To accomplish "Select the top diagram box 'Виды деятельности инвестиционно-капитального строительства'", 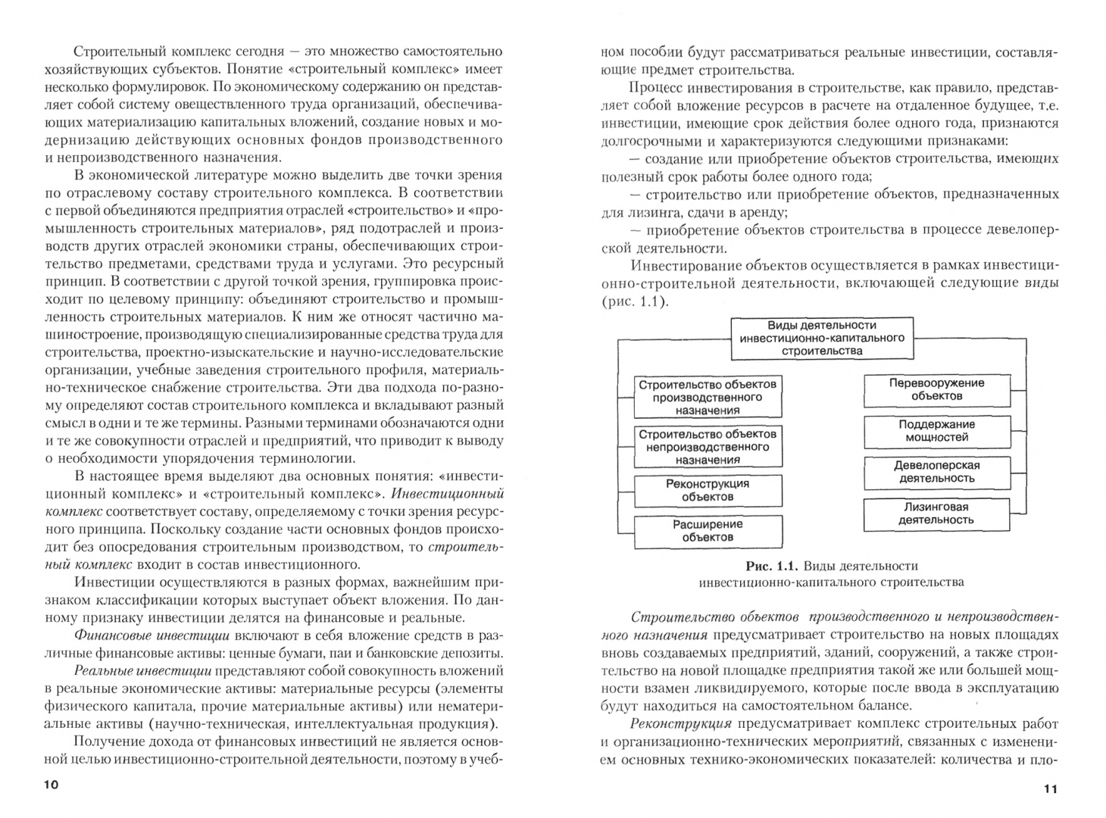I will pyautogui.click(x=822, y=338).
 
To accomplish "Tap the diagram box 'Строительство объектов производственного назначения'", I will pyautogui.click(x=708, y=397).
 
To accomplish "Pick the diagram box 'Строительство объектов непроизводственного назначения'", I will pyautogui.click(x=708, y=447).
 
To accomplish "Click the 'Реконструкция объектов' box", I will pyautogui.click(x=708, y=490).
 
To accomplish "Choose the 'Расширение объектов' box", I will pyautogui.click(x=708, y=531).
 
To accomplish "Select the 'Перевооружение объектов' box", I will pyautogui.click(x=937, y=389).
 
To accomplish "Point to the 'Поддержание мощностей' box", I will pyautogui.click(x=937, y=431).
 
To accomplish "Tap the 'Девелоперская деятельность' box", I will pyautogui.click(x=937, y=472).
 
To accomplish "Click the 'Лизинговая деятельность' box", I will pyautogui.click(x=937, y=514).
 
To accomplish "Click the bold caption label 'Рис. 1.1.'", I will pyautogui.click(x=771, y=566).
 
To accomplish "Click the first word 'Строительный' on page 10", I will pyautogui.click(x=114, y=52).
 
